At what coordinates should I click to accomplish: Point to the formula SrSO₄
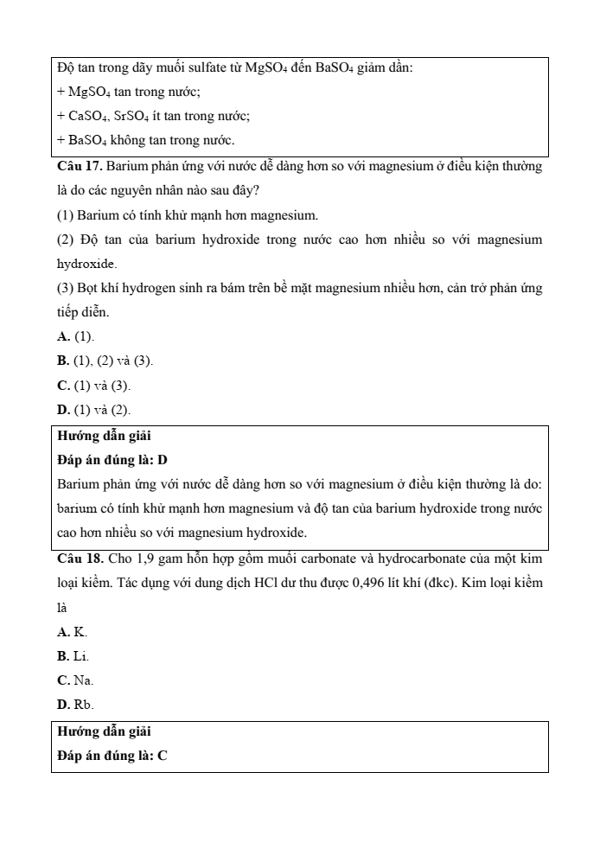124,115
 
